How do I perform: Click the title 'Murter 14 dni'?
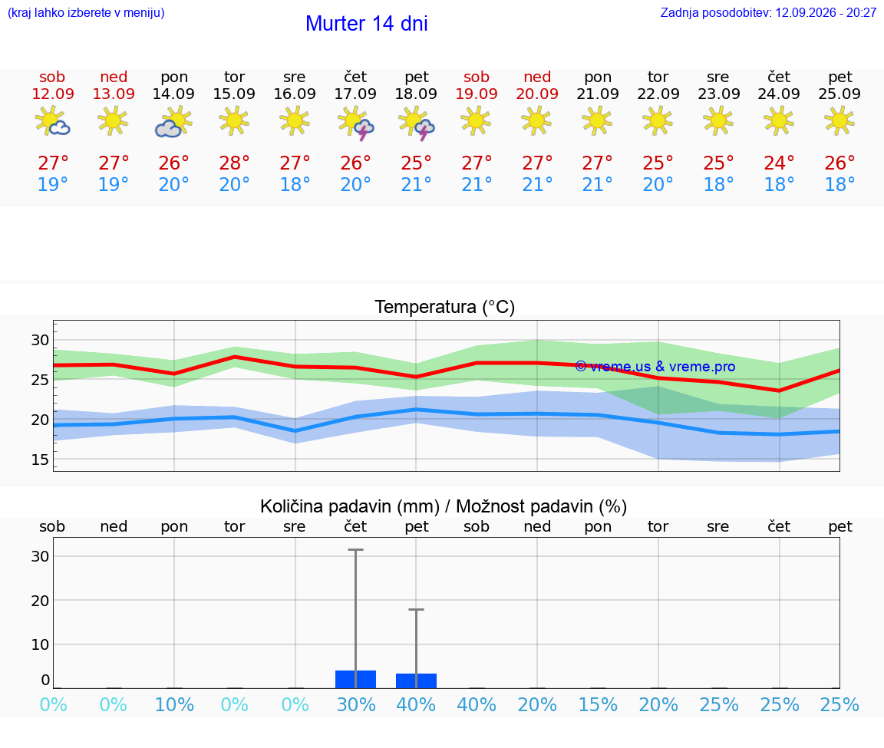coord(367,24)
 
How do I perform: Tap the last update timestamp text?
coord(768,13)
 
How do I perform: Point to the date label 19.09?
coord(477,94)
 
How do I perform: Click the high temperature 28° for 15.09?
coord(234,163)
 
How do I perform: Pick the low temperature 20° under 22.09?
coord(658,184)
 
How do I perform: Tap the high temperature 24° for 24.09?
coord(779,163)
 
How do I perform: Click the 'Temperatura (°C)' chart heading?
coord(445,307)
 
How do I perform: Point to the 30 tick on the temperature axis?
coord(40,340)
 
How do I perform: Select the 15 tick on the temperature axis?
coord(40,460)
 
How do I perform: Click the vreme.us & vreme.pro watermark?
coord(655,367)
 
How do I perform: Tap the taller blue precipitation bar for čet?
coord(356,679)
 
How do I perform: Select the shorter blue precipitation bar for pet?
coord(416,681)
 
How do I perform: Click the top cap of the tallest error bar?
coord(356,549)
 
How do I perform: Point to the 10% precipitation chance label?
coord(174,704)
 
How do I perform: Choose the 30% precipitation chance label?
coord(356,704)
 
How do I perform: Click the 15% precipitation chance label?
coord(599,704)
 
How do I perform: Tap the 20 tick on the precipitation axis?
coord(40,600)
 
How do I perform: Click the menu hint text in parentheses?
coord(86,13)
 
